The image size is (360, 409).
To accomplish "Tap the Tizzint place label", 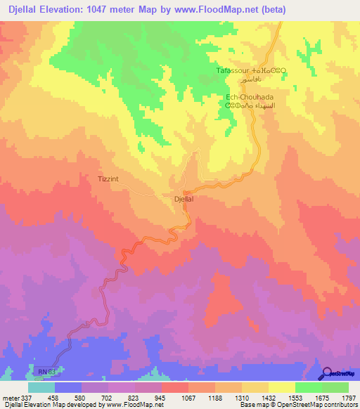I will [x=108, y=179].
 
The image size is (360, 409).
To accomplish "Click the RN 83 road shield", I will [x=44, y=370].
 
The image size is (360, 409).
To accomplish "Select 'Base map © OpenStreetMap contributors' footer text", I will [x=299, y=405].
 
